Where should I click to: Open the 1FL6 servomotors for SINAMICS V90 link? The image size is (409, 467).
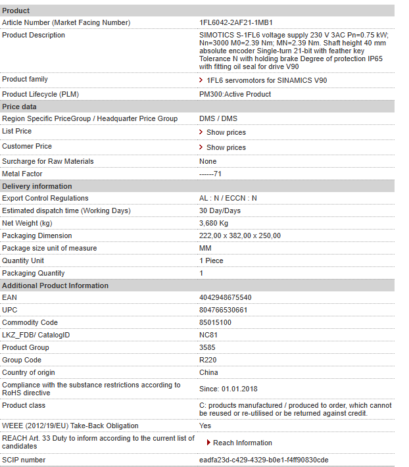point(266,80)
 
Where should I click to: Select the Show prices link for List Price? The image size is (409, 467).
point(226,132)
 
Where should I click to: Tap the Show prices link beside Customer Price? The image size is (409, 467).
point(226,147)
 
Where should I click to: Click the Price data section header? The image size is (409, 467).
point(20,107)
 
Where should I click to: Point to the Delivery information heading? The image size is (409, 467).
point(37,186)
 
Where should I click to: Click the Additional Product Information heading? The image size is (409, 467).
point(55,285)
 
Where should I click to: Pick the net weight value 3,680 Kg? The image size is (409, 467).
point(214,223)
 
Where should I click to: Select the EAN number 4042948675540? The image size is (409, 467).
point(225,297)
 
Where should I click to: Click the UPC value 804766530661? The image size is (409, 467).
point(223,310)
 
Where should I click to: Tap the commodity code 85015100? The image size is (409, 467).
point(215,322)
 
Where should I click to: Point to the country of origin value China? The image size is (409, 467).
point(208,372)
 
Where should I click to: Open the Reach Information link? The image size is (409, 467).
point(242,443)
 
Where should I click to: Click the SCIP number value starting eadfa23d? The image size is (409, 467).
point(264,460)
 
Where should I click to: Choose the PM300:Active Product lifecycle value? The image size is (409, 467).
point(235,94)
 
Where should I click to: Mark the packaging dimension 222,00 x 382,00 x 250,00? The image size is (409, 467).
point(239,235)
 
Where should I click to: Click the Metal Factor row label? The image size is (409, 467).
point(22,174)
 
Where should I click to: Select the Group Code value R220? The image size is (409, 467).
point(208,360)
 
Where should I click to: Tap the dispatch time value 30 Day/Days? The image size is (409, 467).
point(220,210)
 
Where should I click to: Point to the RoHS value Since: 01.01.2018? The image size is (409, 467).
point(229,389)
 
